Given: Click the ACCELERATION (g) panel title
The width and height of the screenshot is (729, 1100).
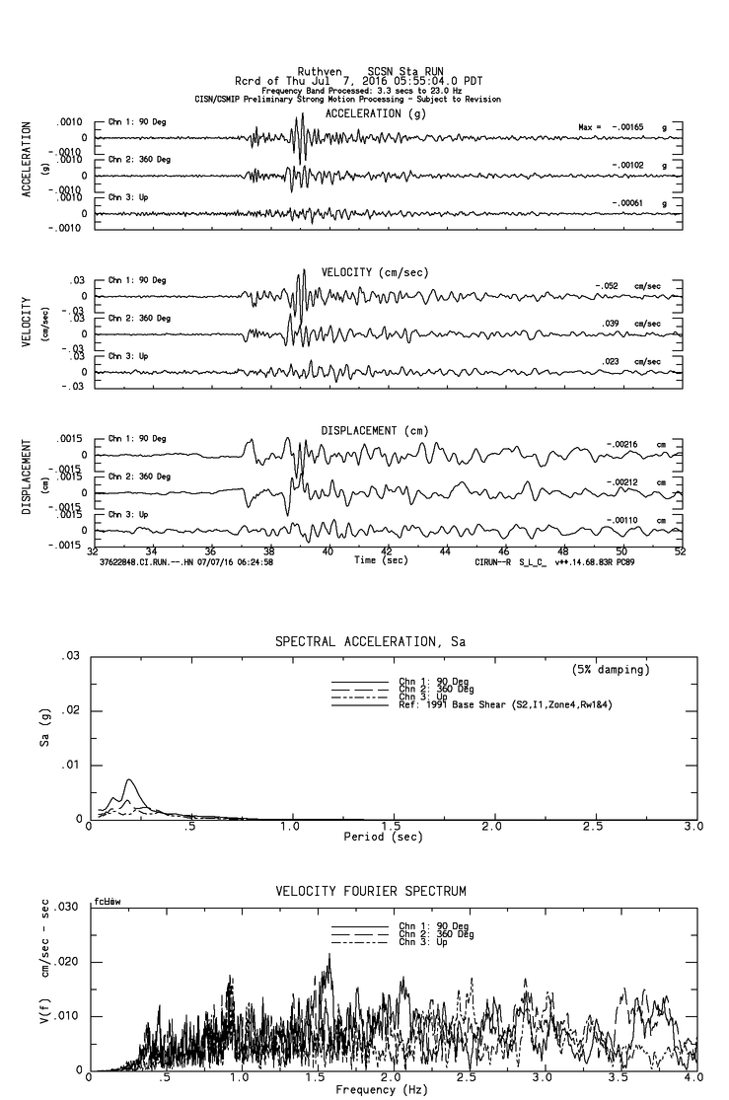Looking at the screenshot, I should tap(377, 113).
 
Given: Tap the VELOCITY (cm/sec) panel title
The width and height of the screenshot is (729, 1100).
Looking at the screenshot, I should tap(376, 271).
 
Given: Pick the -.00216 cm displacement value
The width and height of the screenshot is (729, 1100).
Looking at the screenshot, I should tap(620, 445).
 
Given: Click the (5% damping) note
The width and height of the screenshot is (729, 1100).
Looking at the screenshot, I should tap(611, 670).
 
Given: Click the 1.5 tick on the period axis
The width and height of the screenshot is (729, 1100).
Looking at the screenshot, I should tap(392, 826).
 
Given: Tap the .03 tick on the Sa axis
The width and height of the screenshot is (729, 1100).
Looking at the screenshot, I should tap(70, 657).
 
